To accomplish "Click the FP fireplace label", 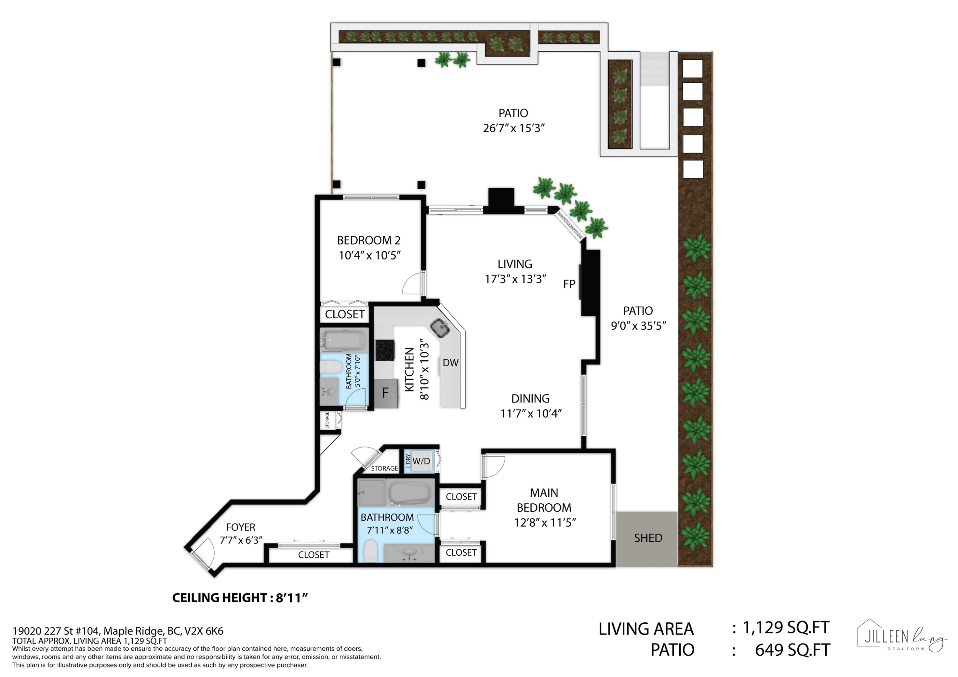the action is [x=569, y=284].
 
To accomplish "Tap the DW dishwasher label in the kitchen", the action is [x=451, y=363].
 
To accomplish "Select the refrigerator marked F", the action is [x=385, y=393].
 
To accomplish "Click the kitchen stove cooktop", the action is [x=385, y=350].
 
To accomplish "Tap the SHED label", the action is [x=648, y=538].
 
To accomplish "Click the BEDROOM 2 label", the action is [x=369, y=240].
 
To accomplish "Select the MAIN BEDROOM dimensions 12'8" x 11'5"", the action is [x=545, y=522].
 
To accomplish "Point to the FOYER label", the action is [x=240, y=527].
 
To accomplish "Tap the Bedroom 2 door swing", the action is [x=413, y=284].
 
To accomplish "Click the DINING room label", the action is [x=530, y=398].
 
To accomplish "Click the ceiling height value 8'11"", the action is [x=292, y=598].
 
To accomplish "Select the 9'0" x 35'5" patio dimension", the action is [x=638, y=326].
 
